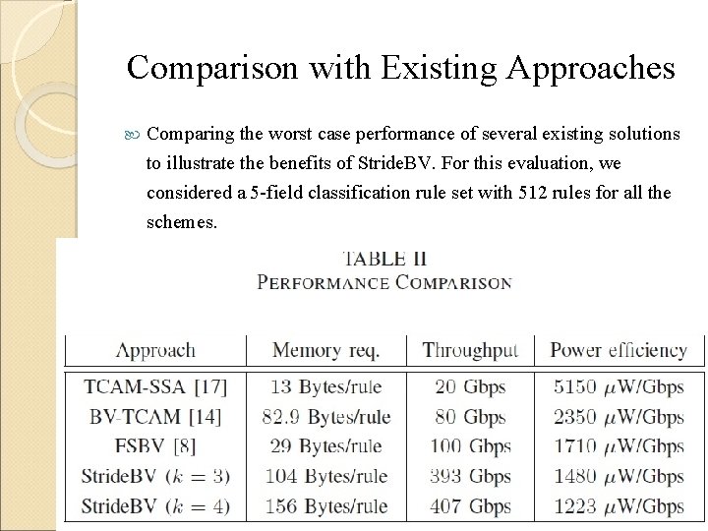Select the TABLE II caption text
point(383,259)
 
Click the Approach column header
point(155,350)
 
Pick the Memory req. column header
point(325,350)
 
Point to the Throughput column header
point(470,350)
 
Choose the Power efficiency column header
point(619,350)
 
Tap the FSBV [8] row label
point(141,446)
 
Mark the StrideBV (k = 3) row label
point(156,477)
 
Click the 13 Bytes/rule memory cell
point(325,386)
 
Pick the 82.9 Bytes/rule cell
point(325,417)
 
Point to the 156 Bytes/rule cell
point(325,507)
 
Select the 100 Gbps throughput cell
point(470,446)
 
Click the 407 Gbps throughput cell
point(470,507)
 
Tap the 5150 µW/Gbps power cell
point(619,386)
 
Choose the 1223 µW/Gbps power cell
point(619,507)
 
